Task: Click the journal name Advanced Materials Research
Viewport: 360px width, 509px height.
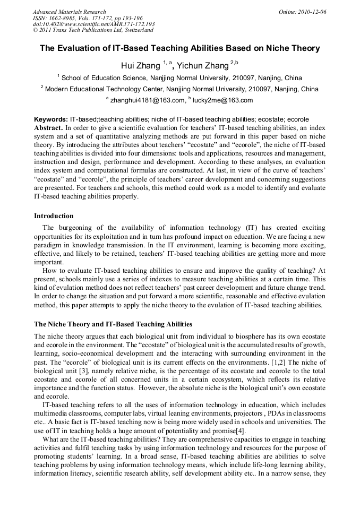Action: (69, 12)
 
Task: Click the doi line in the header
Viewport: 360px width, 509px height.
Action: (93, 24)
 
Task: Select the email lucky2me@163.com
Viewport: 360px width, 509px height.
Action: (215, 100)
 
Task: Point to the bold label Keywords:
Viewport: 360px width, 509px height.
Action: (51, 120)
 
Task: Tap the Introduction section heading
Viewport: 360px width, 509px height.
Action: (54, 216)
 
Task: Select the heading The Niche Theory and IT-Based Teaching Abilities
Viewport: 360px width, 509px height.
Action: (113, 324)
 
